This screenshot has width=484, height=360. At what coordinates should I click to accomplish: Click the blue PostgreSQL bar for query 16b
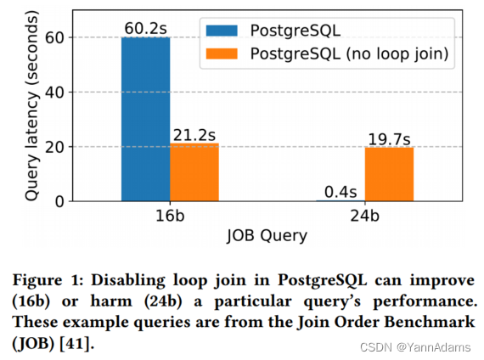pos(147,119)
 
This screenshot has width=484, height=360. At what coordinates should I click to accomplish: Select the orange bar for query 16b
pos(194,172)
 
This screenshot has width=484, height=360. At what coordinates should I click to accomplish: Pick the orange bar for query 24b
pos(390,174)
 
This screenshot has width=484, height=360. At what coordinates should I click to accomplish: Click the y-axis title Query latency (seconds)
pos(31,106)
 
